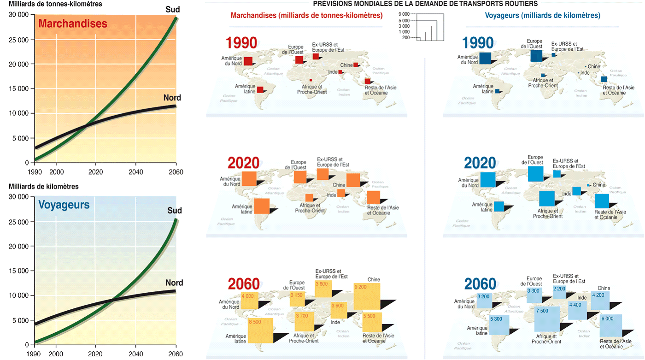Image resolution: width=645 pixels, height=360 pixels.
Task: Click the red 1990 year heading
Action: tap(241, 43)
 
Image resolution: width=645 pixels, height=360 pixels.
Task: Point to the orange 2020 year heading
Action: tap(243, 163)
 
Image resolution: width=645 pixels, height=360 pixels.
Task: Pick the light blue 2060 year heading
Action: tap(480, 283)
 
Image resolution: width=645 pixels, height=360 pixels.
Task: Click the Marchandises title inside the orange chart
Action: tap(73, 24)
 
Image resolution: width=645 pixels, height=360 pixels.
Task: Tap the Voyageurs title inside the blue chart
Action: tap(64, 205)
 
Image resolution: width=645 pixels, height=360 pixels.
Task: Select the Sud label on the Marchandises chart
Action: tap(173, 9)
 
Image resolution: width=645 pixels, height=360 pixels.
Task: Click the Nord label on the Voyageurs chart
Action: tap(175, 283)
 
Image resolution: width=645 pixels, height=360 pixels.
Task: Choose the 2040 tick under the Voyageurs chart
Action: tap(135, 354)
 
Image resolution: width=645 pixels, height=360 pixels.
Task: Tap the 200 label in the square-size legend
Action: tap(406, 37)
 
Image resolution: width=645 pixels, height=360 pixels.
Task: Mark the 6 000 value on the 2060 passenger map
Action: tap(607, 319)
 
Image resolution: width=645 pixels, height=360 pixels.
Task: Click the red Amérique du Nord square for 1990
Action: tap(248, 61)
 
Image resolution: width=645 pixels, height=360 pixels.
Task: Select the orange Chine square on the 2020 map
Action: tap(353, 180)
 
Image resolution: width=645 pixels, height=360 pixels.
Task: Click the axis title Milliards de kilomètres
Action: tap(44, 187)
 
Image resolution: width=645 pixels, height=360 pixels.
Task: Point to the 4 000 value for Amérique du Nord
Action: tap(247, 296)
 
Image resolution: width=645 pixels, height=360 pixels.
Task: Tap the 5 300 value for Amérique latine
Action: tap(496, 319)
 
